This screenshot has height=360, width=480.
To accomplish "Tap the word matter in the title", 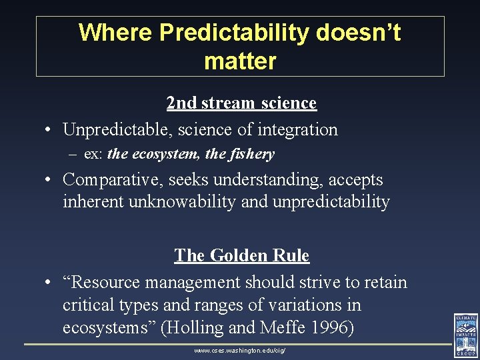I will (240, 61).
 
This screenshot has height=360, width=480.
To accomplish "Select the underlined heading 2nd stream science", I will (241, 103).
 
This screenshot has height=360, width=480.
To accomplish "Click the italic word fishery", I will (252, 154).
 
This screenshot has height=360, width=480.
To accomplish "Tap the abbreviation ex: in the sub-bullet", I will (93, 154).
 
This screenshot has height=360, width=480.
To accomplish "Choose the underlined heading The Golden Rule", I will (241, 255).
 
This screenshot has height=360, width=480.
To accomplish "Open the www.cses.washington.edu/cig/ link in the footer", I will (240, 350).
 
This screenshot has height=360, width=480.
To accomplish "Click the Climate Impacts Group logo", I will (465, 336).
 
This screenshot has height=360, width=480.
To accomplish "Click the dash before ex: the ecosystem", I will (73, 155).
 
